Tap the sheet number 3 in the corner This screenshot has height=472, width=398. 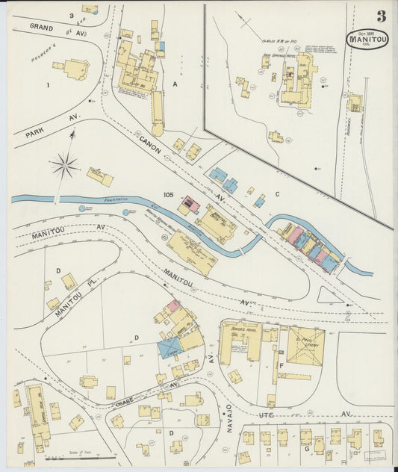click(x=381, y=16)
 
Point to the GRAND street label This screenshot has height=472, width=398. click(x=45, y=27)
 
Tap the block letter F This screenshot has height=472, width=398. click(x=280, y=366)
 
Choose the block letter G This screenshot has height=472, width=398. click(x=306, y=450)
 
